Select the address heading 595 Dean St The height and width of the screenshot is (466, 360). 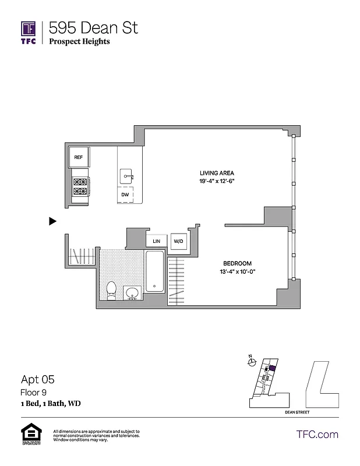(93, 27)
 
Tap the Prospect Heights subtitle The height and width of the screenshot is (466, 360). (79, 41)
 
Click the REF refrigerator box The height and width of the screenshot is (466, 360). (79, 157)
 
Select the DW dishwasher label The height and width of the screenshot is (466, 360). (125, 195)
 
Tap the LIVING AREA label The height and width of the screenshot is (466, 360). (217, 173)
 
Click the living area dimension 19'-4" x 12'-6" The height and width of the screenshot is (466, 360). (217, 181)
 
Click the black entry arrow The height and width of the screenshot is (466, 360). (52, 221)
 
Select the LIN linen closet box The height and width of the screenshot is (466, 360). (156, 241)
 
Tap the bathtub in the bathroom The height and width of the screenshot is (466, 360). (154, 271)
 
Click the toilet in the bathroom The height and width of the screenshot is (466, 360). (111, 290)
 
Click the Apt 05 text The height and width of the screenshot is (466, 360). (38, 379)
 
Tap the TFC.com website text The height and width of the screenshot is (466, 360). (317, 434)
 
